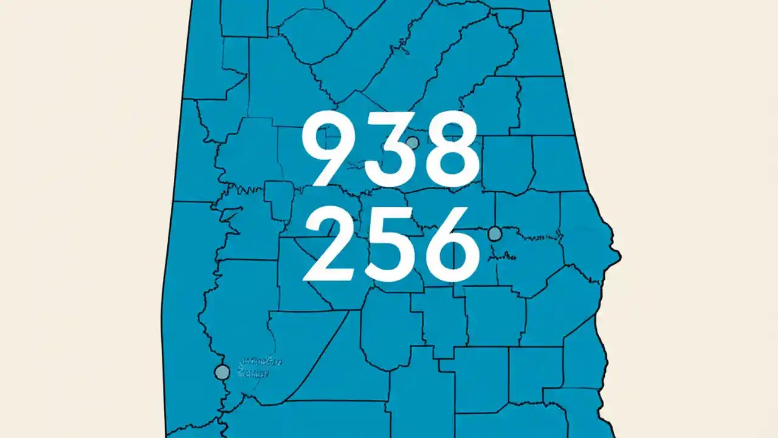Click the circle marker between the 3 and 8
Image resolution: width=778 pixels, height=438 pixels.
pos(412,143)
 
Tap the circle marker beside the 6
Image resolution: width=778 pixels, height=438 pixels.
pos(495,234)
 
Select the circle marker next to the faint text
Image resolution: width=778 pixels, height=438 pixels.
pos(222,372)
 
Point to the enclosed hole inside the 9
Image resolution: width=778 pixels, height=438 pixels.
pos(328,139)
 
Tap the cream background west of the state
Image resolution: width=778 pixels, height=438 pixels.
pos(79,219)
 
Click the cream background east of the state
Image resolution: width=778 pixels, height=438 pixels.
pos(699,219)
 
